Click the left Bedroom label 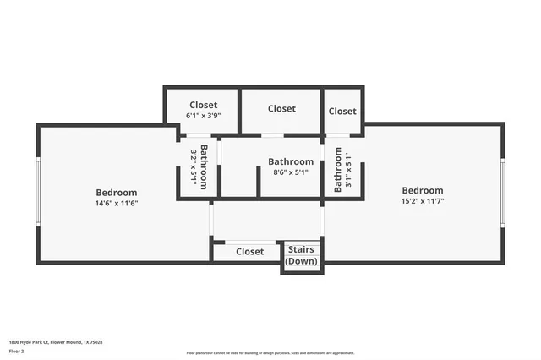116,193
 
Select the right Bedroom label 422,190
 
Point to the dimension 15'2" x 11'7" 422,201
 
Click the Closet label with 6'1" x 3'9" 203,106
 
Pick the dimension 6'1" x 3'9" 203,116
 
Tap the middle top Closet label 281,108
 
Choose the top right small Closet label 342,111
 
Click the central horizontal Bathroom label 291,161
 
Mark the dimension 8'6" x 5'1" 291,172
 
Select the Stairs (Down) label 302,255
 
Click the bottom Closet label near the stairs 249,251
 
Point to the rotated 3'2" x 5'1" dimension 194,167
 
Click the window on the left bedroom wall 37,193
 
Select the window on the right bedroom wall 503,194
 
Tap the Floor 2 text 16,350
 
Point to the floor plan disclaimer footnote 270,353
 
